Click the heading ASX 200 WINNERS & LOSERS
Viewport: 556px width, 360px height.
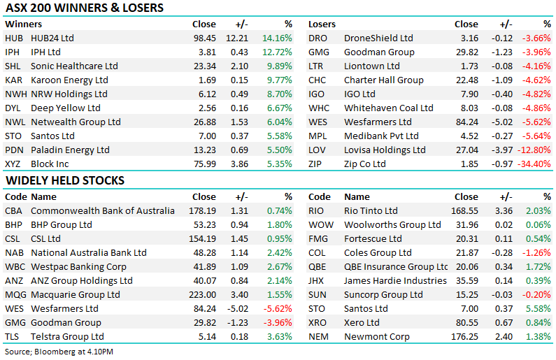[x=85, y=8]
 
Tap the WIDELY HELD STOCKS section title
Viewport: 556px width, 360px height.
[x=65, y=180]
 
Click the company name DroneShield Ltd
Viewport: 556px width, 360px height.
[x=378, y=38]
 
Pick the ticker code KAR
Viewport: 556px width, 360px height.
[x=13, y=80]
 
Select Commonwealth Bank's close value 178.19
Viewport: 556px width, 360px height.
[x=201, y=210]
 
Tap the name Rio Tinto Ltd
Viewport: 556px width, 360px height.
[x=371, y=210]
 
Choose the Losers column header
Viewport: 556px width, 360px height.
[x=322, y=24]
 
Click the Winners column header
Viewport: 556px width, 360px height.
[x=23, y=24]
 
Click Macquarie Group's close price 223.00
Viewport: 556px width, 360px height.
[x=201, y=294]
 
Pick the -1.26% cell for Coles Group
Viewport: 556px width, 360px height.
[x=536, y=252]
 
